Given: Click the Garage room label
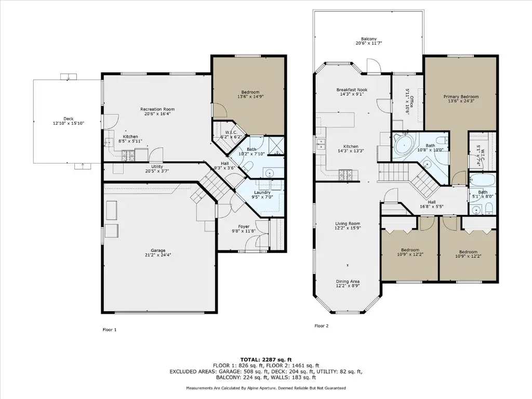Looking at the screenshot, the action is coord(158,250).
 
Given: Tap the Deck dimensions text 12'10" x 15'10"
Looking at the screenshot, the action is coord(69,124).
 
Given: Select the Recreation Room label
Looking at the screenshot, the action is coord(157,109).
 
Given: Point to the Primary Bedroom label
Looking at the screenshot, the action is coord(461,97).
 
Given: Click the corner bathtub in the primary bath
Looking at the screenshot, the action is coord(404,144).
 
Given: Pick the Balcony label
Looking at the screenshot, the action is coord(369,39).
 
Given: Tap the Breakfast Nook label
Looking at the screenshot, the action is coord(352,90).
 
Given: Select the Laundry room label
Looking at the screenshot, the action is coord(262,192).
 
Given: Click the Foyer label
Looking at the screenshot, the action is coord(244,227).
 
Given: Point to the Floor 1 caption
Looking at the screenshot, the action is coord(110,330).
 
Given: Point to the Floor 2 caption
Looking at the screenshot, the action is coord(321,326).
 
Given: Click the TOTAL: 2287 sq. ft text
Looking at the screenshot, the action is coord(266,360).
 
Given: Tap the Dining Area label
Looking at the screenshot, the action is coord(348,282).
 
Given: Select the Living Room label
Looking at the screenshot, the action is coord(348,223).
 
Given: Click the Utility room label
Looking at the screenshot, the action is coord(157,167).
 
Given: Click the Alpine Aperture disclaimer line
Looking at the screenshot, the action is coord(266,388).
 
